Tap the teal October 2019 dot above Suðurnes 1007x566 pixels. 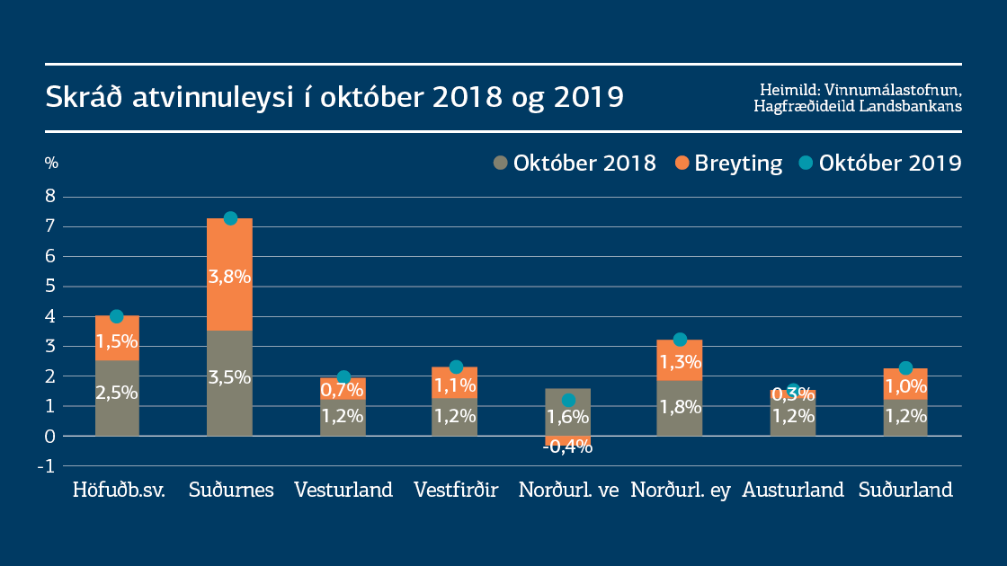click(230, 218)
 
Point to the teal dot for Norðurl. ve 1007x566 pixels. click(568, 400)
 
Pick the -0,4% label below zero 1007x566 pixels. click(568, 447)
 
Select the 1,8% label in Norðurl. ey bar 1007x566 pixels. click(680, 406)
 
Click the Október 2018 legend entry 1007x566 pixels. click(575, 164)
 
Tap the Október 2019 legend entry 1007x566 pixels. click(880, 164)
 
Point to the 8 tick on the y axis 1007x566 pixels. click(51, 196)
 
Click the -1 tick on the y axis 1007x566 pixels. click(49, 465)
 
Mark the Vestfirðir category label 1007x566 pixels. click(456, 491)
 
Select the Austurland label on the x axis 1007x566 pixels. click(793, 491)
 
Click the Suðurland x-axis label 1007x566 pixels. click(905, 491)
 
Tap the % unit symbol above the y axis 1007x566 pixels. click(51, 164)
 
